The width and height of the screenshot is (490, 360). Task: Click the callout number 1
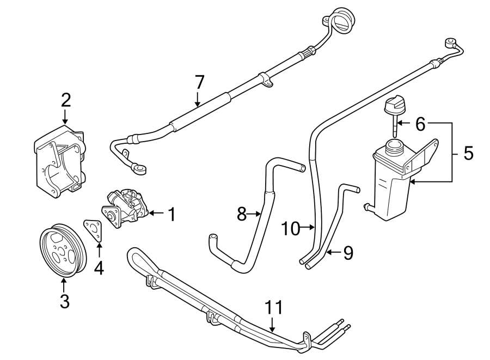point(171,215)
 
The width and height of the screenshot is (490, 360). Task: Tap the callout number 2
point(65,100)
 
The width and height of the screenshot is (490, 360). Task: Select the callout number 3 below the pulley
point(64,301)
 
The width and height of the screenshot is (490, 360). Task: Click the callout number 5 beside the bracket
point(468,153)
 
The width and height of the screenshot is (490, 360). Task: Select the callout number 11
point(274,308)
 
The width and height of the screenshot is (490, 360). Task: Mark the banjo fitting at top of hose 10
point(451,42)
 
